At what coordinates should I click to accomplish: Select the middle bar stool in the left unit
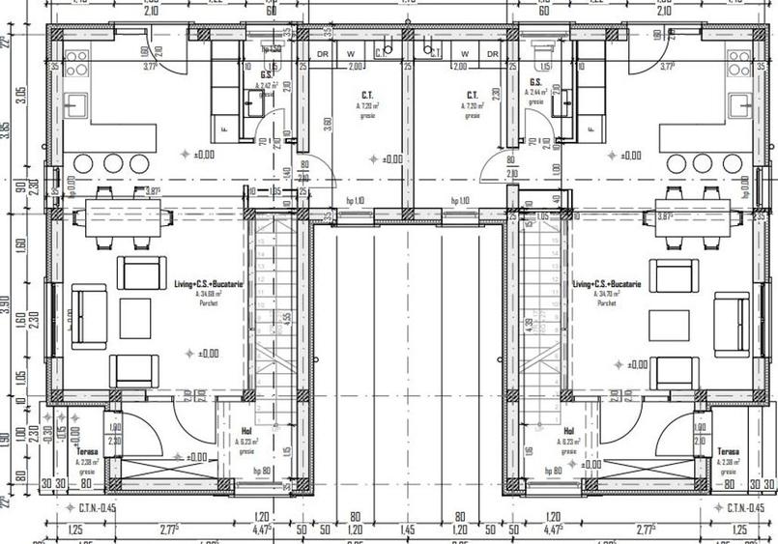coord(113,163)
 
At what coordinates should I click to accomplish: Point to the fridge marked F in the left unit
coord(224,128)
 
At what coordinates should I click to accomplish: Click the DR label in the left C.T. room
coord(323,54)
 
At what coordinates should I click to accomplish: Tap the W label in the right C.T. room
coord(465,54)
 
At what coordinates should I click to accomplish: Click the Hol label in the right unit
coord(569,432)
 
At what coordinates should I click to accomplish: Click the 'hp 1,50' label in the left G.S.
coord(272,48)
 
